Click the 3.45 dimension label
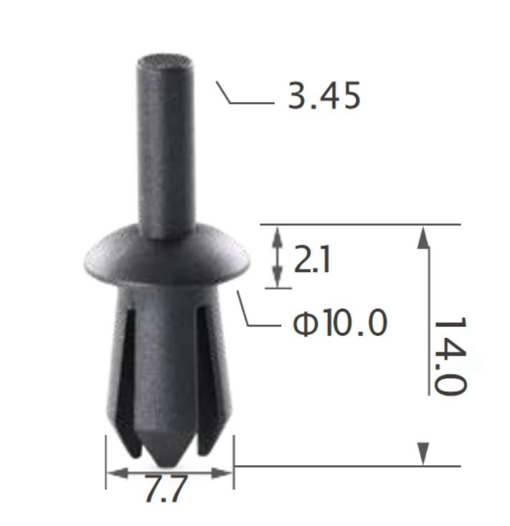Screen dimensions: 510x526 click(x=324, y=96)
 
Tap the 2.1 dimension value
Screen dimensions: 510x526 click(x=312, y=259)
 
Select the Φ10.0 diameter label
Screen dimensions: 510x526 click(x=340, y=323)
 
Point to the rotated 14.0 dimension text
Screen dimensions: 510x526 click(x=450, y=356)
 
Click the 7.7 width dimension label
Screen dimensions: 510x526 click(x=166, y=489)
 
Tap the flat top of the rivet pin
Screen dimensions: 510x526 click(x=165, y=62)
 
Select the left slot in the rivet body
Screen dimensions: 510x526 click(x=128, y=382)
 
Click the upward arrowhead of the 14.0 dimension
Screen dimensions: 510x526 click(x=423, y=238)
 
